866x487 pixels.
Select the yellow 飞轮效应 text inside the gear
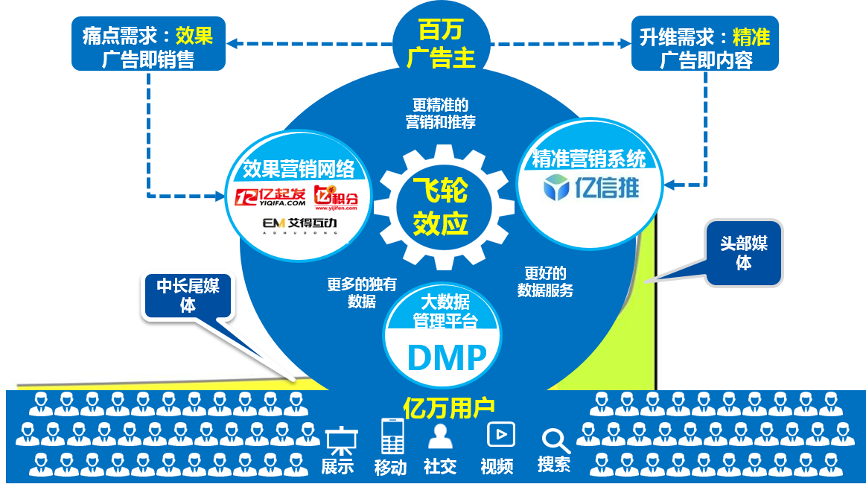click(x=441, y=207)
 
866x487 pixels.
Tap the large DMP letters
click(x=447, y=357)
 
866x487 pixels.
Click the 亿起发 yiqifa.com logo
click(x=270, y=197)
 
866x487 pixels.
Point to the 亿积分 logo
click(x=336, y=197)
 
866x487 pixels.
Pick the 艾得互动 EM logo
click(x=299, y=225)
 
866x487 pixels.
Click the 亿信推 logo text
click(x=591, y=188)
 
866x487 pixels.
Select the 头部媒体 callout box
click(x=743, y=253)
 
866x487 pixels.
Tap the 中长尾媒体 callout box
click(x=188, y=296)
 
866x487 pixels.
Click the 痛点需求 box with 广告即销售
click(x=148, y=44)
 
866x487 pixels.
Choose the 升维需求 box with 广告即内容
click(x=704, y=44)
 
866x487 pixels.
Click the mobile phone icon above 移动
click(x=392, y=436)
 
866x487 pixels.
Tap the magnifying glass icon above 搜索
click(x=555, y=441)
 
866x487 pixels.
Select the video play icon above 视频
click(x=501, y=435)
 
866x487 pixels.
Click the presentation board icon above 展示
click(x=341, y=441)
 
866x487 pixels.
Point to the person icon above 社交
click(x=440, y=437)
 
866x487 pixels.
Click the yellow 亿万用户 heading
click(x=448, y=408)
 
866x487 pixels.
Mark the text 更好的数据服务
click(x=545, y=281)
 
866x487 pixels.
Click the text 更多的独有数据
click(x=362, y=293)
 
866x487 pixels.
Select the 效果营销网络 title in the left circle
click(x=299, y=169)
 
